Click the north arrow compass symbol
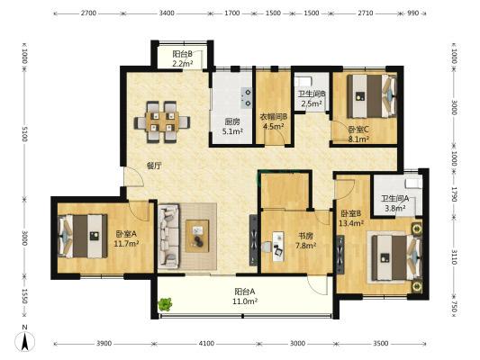coord(24,340)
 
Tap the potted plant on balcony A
coord(165,304)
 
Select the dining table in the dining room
coord(162,122)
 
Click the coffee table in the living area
coord(197,236)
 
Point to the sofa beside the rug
coord(168,237)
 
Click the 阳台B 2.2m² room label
coord(183,58)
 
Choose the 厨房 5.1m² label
coord(232,127)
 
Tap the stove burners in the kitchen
coord(247,98)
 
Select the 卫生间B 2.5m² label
coord(312,99)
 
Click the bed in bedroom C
coord(372,96)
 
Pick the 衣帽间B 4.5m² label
coord(274,121)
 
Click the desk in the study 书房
coord(278,247)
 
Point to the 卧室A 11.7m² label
coord(126,238)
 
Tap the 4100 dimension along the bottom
coord(206,344)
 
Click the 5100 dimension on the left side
coord(25,134)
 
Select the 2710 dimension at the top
coord(366,13)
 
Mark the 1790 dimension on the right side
coord(454,194)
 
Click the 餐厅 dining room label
coord(155,166)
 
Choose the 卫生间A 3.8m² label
coord(395,203)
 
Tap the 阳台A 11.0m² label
coord(245,296)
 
